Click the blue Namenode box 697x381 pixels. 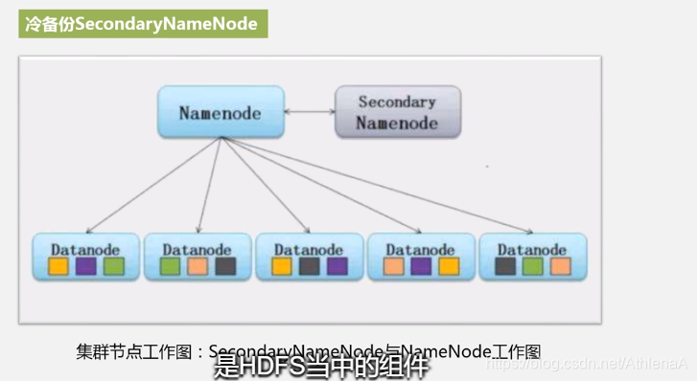219,111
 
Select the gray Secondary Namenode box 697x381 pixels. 397,111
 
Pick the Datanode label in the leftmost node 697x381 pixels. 85,249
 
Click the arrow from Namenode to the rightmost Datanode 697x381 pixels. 383,187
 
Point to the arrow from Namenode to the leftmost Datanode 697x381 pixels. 153,187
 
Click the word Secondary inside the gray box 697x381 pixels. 397,101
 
